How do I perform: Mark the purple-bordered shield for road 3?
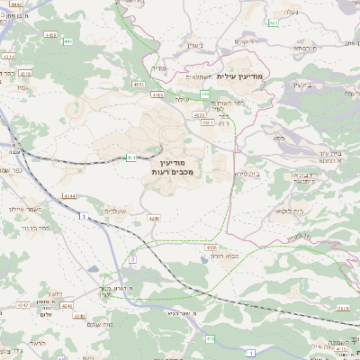131,259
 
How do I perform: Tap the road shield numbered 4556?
211,246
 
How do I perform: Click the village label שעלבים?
116,211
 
